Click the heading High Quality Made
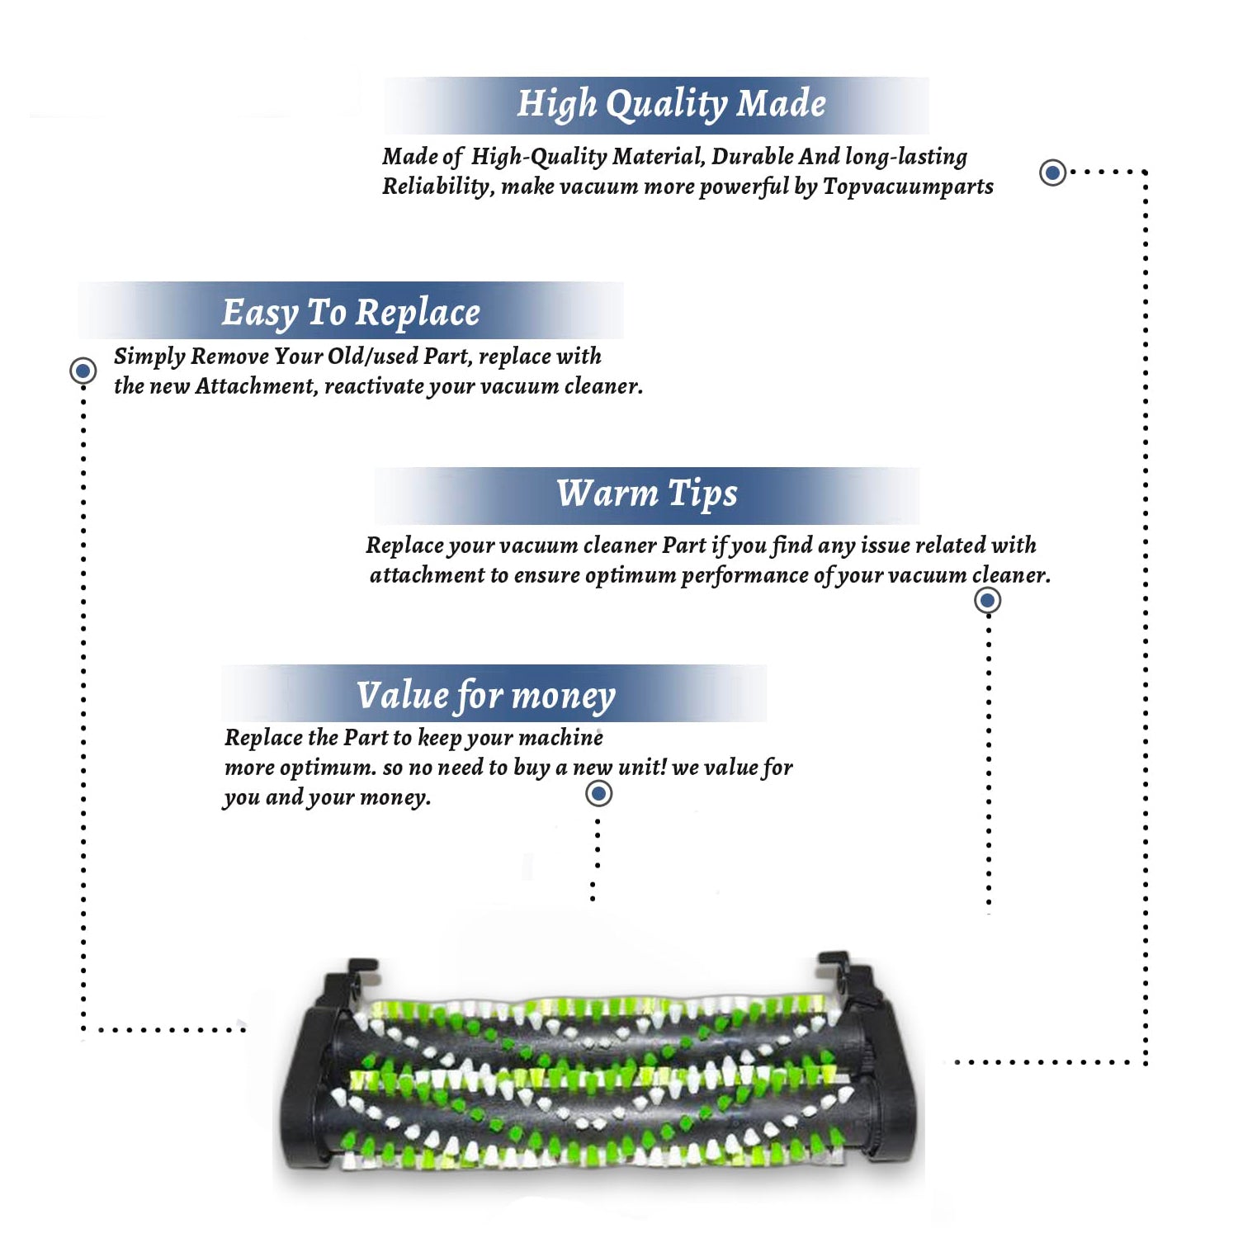click(x=671, y=105)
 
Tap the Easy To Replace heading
click(x=351, y=314)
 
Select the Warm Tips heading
click(x=646, y=494)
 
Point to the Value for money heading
click(x=486, y=696)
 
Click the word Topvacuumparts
click(x=908, y=187)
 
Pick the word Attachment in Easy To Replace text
click(x=257, y=385)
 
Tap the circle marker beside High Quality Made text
click(x=1052, y=172)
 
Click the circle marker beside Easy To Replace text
click(x=83, y=371)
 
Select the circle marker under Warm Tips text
click(x=987, y=600)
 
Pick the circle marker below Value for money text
click(x=598, y=794)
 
